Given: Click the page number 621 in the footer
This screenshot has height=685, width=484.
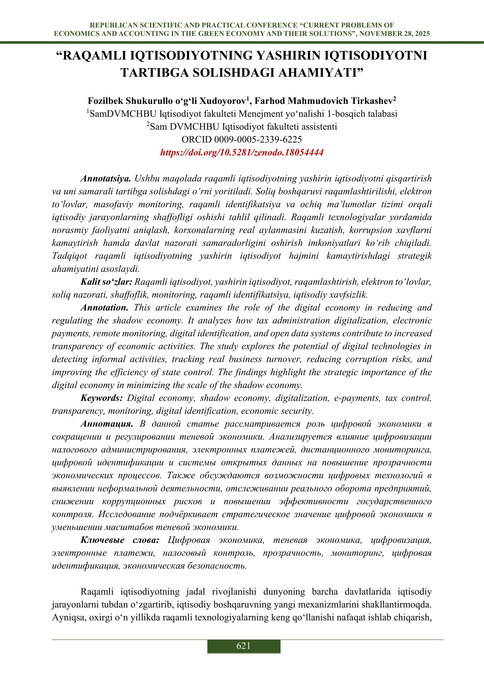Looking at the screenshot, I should [x=244, y=646].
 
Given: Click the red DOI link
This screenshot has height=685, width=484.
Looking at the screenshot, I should [x=242, y=152].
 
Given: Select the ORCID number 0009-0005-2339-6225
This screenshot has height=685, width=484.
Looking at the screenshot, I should [x=258, y=140].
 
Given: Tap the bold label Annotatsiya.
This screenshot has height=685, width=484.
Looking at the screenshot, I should [x=106, y=179].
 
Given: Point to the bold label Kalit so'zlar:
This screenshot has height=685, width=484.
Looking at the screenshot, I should [x=106, y=282].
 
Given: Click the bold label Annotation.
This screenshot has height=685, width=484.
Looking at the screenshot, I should [x=104, y=308].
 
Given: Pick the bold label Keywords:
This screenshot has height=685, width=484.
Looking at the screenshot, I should [x=102, y=398].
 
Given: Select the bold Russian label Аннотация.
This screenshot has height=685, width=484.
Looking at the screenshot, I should [x=106, y=424].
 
